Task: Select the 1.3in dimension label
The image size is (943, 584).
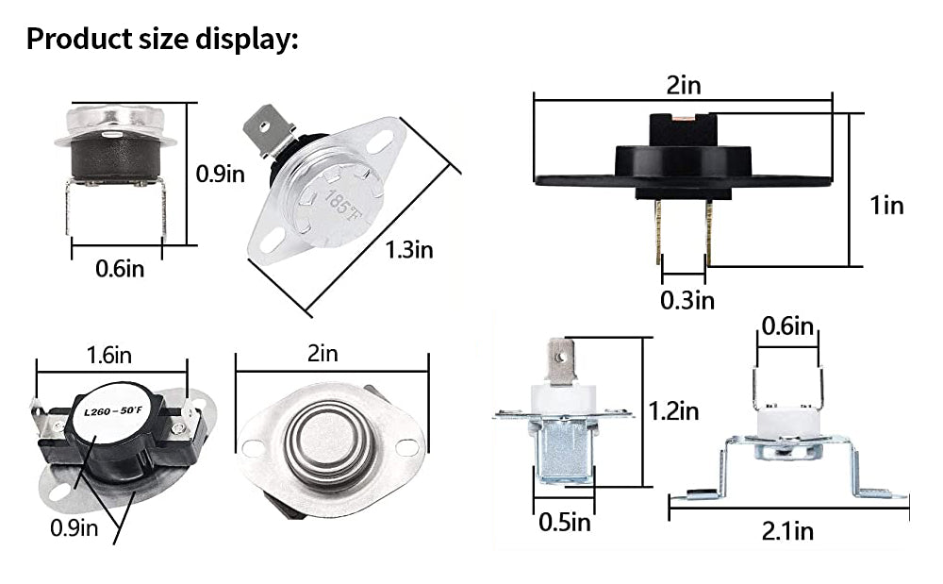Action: click(x=408, y=249)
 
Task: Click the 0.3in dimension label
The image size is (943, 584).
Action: click(x=687, y=300)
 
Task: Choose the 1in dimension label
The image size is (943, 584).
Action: click(x=886, y=205)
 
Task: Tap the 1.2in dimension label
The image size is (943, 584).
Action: click(x=673, y=411)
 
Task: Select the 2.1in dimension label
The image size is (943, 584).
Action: click(x=787, y=531)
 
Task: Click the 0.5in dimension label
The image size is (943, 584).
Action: click(x=565, y=522)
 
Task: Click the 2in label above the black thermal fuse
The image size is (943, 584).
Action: click(x=684, y=86)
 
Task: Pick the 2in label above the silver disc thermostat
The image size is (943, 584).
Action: click(x=322, y=354)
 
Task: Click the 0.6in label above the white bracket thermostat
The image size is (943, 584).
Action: click(x=787, y=326)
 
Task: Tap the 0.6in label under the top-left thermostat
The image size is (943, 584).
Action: click(x=120, y=269)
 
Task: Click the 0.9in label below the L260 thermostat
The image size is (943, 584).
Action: click(x=74, y=526)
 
